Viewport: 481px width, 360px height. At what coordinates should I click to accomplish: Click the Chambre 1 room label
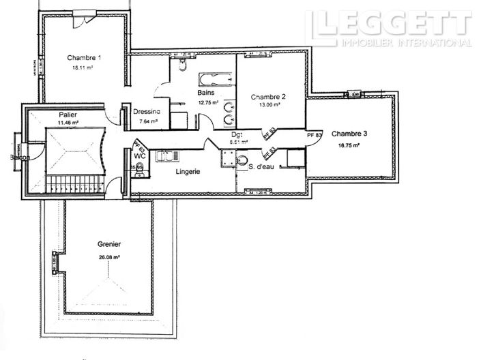click(85, 58)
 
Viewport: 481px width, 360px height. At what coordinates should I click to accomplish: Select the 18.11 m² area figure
click(83, 69)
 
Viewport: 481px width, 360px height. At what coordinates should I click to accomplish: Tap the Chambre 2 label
click(268, 96)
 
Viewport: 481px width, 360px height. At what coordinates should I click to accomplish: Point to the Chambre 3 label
click(349, 134)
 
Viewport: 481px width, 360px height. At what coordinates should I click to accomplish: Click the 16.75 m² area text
click(349, 145)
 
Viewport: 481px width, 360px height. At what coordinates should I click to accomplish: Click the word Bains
click(207, 92)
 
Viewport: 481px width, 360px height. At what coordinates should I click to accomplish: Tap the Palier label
click(68, 115)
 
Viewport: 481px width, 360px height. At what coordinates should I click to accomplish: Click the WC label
click(141, 156)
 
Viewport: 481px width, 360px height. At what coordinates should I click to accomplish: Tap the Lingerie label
click(187, 172)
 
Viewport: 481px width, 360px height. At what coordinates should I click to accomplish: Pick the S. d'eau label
click(261, 167)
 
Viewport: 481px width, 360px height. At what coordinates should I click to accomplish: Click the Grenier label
click(108, 244)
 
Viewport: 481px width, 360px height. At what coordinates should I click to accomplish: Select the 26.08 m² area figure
click(108, 257)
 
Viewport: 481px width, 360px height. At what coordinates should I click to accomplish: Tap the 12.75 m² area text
click(208, 102)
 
